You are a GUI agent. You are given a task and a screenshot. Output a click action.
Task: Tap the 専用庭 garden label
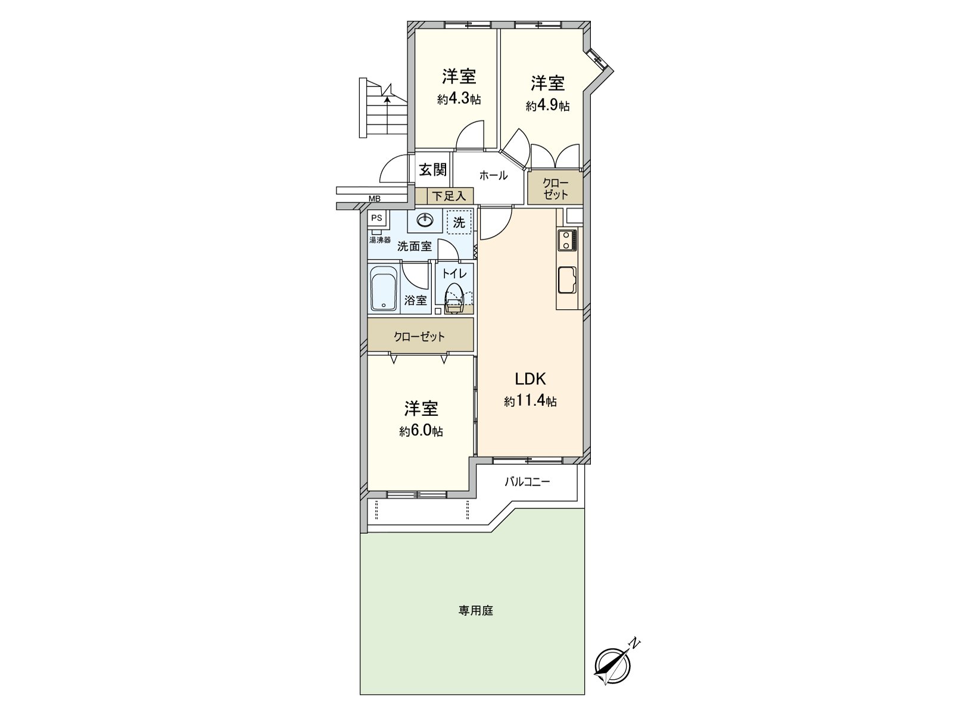(476, 611)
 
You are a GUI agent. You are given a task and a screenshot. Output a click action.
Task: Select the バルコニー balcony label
(527, 481)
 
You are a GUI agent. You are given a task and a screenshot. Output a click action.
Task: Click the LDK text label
(530, 379)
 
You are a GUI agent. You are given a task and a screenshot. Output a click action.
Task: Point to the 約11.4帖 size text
(530, 402)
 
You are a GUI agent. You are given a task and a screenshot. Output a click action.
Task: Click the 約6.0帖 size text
(421, 431)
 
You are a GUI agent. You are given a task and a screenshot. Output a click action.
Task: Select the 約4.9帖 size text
(547, 106)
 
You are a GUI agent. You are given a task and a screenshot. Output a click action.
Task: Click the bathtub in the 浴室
(383, 290)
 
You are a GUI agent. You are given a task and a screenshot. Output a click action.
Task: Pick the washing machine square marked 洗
(459, 223)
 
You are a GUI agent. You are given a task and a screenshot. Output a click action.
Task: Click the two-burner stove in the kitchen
(566, 240)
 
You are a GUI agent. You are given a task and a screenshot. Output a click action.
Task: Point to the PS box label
(376, 218)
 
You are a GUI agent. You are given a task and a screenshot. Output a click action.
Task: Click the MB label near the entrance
(374, 199)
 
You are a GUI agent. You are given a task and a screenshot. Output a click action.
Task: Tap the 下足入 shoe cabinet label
(450, 195)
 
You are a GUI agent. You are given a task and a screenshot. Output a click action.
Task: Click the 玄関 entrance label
(432, 170)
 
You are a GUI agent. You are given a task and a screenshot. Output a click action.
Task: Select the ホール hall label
(493, 175)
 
